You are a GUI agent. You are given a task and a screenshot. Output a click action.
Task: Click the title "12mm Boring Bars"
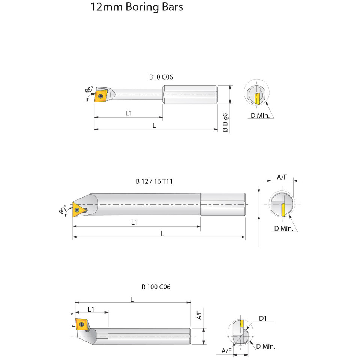(136, 7)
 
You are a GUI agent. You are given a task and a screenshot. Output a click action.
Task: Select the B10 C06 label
(161, 77)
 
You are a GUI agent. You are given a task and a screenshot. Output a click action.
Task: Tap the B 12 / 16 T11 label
(154, 181)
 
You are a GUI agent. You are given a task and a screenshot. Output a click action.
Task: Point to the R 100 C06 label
(156, 287)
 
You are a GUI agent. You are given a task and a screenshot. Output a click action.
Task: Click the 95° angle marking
(89, 90)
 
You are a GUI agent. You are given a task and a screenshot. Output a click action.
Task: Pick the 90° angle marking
(63, 210)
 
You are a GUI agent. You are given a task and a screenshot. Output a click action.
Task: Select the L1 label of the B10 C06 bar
(128, 113)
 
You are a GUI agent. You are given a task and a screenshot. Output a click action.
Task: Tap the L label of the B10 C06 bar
(154, 126)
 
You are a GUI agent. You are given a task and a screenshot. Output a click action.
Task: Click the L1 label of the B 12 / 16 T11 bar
(135, 222)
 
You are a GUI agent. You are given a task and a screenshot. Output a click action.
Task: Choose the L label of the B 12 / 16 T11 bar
(162, 233)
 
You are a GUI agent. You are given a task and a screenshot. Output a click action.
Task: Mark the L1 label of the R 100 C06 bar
(91, 309)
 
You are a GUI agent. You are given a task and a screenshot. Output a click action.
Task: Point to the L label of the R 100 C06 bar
(132, 299)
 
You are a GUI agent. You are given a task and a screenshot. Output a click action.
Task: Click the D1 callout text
(263, 318)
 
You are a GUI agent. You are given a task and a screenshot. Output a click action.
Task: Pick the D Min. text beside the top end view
(260, 115)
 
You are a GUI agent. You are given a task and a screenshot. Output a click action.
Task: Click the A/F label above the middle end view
(282, 177)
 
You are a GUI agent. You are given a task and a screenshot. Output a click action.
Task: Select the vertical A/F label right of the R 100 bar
(199, 315)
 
